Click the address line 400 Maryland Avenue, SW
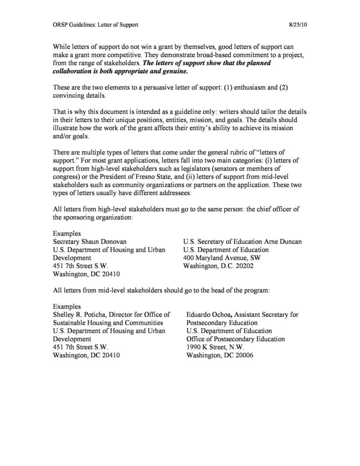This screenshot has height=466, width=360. tap(221, 258)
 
